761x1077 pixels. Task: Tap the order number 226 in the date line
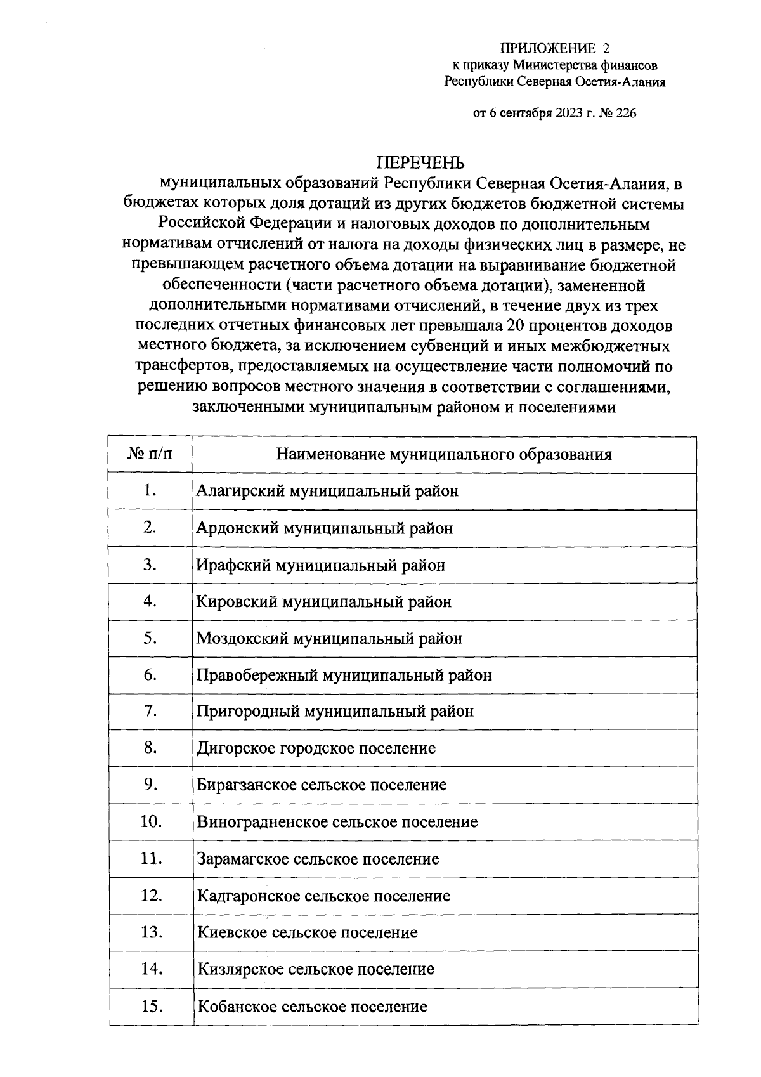click(623, 114)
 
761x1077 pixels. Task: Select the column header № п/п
click(150, 454)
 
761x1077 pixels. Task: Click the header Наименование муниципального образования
click(444, 454)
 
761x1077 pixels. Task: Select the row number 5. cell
click(150, 637)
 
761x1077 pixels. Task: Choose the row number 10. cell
click(151, 821)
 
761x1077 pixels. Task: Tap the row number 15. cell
click(151, 1006)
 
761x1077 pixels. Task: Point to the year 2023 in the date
click(571, 114)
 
